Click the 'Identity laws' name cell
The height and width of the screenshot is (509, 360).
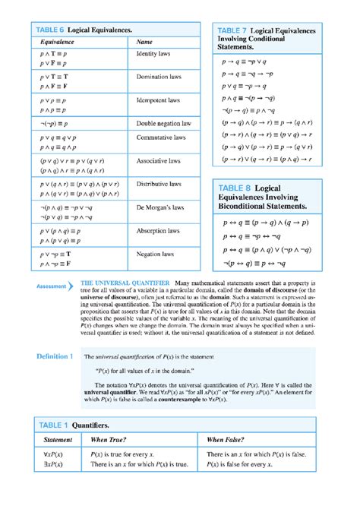click(153, 55)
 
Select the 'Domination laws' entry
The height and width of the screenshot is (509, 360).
click(158, 77)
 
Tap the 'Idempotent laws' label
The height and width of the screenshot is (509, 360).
click(158, 100)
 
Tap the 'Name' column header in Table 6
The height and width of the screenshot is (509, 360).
click(144, 42)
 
